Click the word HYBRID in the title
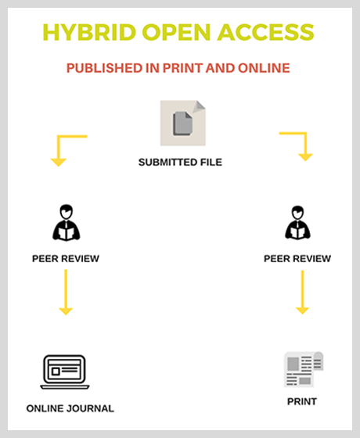pos(89,32)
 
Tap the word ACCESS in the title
pos(266,32)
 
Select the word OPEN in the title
pos(176,32)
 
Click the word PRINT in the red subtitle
pos(183,68)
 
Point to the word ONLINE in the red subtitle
pos(264,68)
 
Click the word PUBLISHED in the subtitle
pos(104,68)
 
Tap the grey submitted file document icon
pos(183,123)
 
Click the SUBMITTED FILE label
pos(180,162)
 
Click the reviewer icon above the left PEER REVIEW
pos(67,222)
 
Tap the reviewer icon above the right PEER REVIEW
pos(297,223)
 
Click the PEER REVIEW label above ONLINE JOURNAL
pos(66,259)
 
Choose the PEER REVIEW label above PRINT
pos(297,259)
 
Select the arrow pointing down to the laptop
pos(66,293)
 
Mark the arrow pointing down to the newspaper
pos(302,293)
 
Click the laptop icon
pos(65,372)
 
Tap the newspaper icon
pos(304,369)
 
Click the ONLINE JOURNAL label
pos(70,408)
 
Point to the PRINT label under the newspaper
pos(302,402)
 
